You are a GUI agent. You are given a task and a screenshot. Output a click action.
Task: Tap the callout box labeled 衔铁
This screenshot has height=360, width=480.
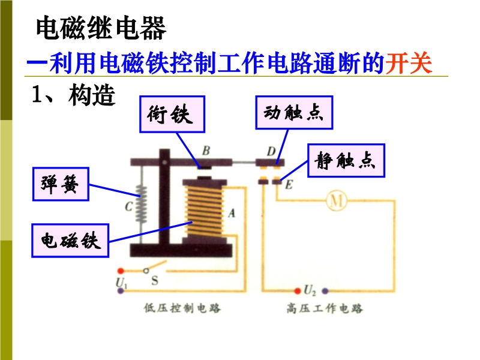coord(171,114)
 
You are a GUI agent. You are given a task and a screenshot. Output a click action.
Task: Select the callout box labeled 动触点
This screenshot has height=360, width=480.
coord(293,112)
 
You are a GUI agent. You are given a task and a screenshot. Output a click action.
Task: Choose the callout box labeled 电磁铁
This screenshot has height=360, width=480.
coord(70,241)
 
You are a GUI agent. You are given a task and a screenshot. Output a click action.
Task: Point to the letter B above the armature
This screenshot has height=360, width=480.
coord(206,151)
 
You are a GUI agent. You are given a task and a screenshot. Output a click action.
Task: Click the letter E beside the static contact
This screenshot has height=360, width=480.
coord(289,185)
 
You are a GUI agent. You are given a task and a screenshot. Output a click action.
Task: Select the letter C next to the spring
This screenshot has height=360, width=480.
coord(128,208)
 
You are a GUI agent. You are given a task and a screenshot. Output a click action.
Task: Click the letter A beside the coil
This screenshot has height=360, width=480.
coord(232,212)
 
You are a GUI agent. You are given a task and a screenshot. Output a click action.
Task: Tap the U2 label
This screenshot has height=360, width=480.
coord(310,291)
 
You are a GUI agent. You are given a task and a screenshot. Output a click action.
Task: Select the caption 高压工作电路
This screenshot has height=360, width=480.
coord(325,308)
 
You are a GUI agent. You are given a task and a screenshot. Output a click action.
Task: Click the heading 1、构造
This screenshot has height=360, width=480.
coord(73,95)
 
